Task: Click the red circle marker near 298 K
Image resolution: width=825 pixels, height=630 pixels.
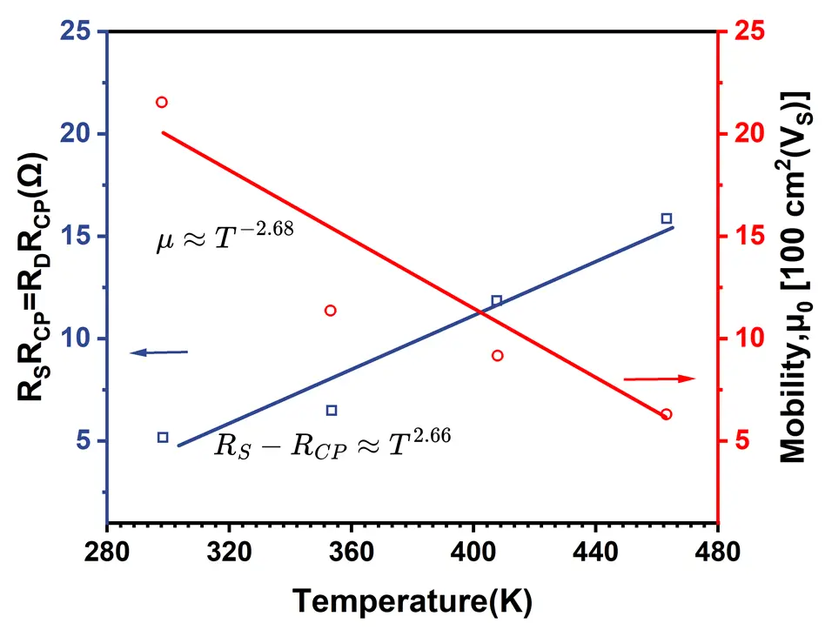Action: coord(161,102)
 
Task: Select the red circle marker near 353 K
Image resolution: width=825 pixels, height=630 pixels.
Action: coord(331,311)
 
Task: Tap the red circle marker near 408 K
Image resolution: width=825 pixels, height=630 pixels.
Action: coord(498,355)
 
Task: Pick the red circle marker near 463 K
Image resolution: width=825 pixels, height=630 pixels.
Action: coord(667,414)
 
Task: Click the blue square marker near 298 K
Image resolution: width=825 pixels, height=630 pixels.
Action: coord(163,437)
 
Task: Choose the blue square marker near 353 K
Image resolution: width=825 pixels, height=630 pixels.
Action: coord(332,410)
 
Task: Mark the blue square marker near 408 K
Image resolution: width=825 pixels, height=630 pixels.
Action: coord(497,301)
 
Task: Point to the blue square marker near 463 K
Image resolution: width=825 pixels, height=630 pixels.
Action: coord(667,218)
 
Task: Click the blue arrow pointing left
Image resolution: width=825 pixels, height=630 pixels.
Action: coord(159,352)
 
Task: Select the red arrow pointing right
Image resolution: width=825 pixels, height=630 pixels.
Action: coord(660,379)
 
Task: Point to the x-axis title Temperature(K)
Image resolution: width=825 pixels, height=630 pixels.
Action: coord(411,600)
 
